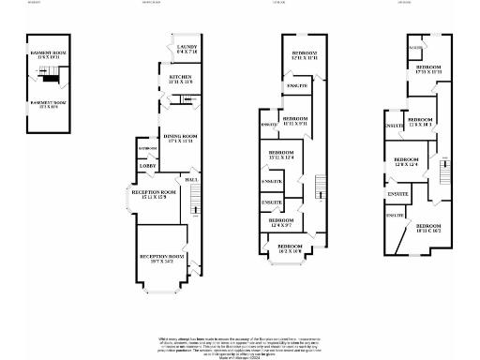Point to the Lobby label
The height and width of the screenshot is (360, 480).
point(147,166)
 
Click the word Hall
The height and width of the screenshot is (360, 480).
point(190,179)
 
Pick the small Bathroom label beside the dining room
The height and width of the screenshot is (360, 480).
point(147,148)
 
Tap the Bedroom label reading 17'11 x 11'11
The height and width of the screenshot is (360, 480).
point(429,70)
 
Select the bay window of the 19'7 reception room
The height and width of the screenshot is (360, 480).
point(162,282)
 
